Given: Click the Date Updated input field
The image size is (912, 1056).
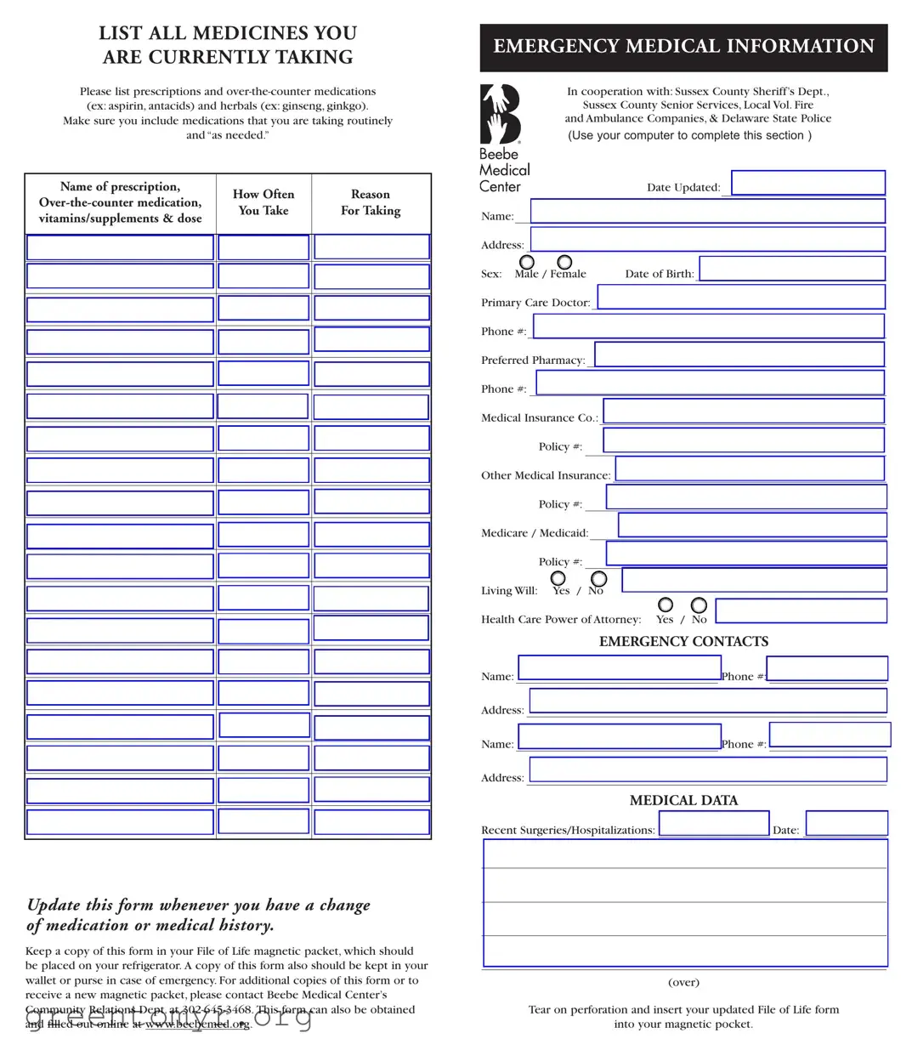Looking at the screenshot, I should coord(807,183).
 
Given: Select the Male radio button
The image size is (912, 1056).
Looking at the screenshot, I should coord(527,262).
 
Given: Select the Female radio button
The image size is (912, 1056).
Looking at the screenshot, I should coord(564,262).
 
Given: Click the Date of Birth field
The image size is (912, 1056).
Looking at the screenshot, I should coord(791,269).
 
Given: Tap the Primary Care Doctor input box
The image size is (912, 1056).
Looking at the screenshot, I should coord(740,297).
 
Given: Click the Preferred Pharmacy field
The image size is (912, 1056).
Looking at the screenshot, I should coord(739,355).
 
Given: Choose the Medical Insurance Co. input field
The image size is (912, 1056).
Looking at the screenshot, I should coord(743,412).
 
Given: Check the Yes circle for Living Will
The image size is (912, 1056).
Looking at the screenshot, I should coord(558,578).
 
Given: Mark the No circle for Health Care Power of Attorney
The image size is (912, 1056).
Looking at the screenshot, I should coord(699,605).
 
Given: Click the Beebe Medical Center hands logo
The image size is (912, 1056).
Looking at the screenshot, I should coord(500,114).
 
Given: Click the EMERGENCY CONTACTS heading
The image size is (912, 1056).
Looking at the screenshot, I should coord(683,642).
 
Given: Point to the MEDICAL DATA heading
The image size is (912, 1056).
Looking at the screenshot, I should coord(683,801).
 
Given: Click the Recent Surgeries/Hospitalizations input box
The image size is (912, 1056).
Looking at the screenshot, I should coord(713,823).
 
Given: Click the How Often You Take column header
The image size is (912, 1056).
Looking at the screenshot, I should coord(263,202).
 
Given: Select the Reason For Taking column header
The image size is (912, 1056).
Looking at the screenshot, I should coord(371,202).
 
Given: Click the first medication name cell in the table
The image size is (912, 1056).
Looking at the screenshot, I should coord(120,247).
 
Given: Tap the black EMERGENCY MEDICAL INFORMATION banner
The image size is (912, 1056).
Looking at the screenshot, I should coord(683,48).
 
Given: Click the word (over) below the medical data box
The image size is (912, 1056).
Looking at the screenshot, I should coord(683,983).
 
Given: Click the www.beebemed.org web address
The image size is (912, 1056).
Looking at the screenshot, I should coord(197,1025).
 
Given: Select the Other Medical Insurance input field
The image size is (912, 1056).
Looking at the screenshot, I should coord(749,469).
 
